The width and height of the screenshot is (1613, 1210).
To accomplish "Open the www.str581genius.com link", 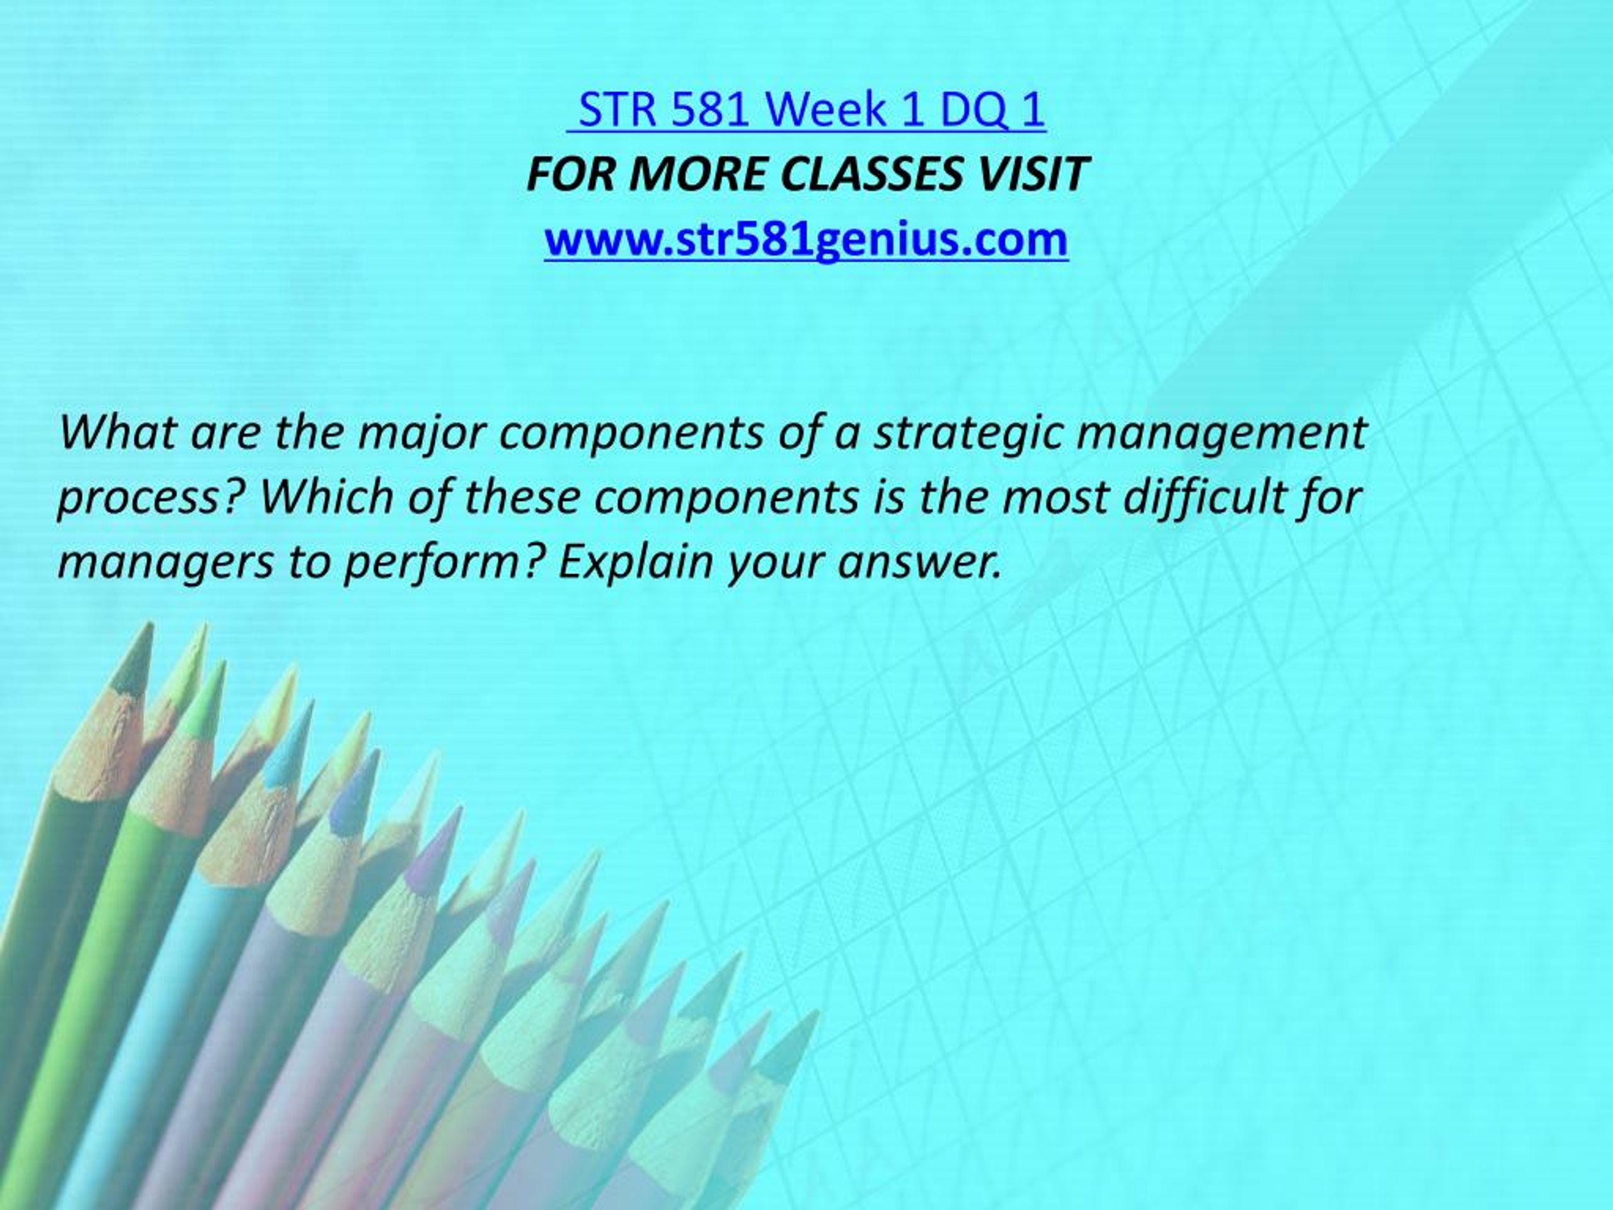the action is [x=806, y=240].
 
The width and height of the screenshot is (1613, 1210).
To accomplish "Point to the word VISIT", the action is [x=1038, y=175].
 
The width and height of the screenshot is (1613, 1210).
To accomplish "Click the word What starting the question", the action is [x=120, y=432].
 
